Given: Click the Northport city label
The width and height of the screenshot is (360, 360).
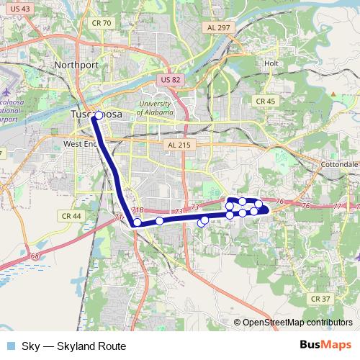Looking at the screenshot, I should coord(75,64).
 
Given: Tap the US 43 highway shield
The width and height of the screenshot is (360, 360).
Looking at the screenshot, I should coord(21,7).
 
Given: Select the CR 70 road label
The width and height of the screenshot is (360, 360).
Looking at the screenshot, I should coord(102,23).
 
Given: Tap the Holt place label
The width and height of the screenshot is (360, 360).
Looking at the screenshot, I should coord(271,63).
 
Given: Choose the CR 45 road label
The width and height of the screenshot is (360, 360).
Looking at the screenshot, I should coord(266,102).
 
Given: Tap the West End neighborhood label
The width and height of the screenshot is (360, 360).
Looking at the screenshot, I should coord(79,144).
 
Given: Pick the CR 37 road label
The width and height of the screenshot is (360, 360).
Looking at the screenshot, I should coord(320,298).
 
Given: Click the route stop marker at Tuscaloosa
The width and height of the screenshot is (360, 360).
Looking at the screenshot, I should coord(99,115).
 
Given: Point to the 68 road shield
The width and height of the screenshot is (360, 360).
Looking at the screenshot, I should coord(35,256).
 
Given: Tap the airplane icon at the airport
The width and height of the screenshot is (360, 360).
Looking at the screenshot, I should coord(5,93).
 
